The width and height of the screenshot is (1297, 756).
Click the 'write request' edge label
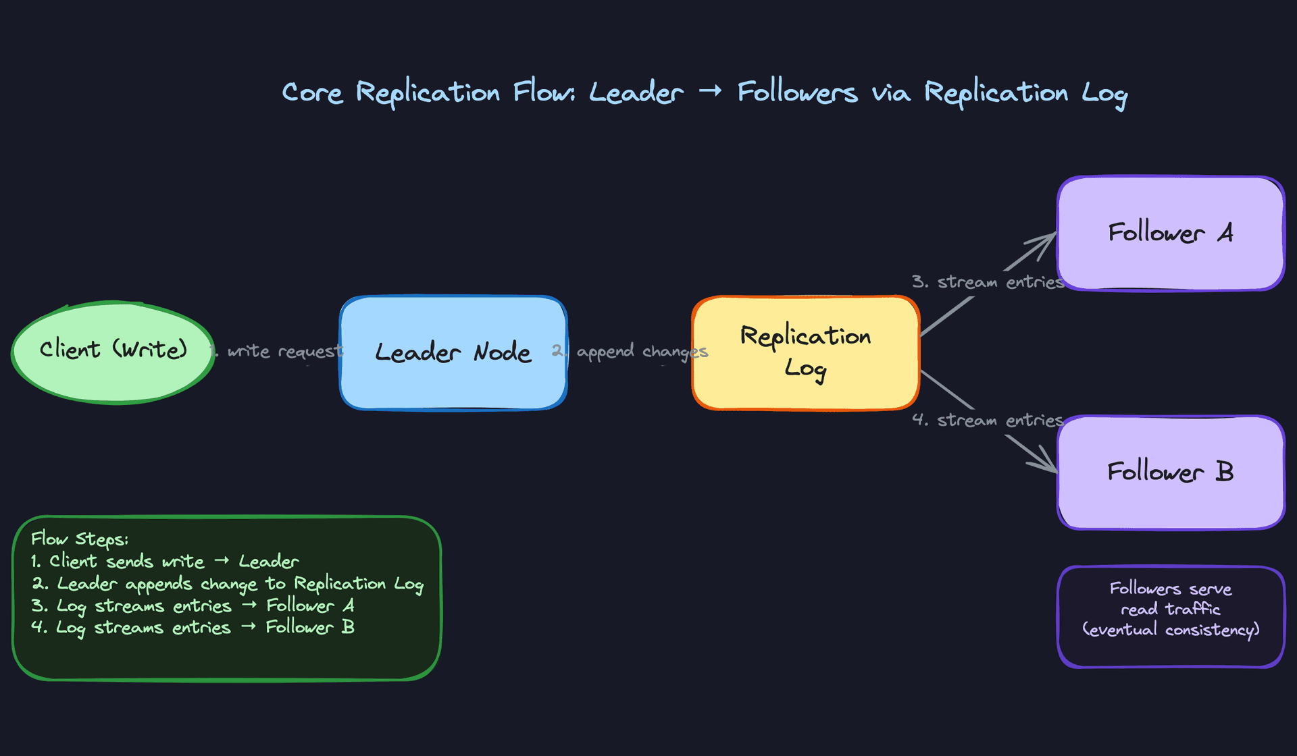pos(284,352)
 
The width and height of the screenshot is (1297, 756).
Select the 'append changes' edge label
pos(640,352)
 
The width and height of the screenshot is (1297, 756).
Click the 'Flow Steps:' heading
pos(79,539)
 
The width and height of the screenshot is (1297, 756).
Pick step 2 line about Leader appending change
pos(227,583)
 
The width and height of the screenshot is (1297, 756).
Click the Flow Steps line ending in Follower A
pos(193,605)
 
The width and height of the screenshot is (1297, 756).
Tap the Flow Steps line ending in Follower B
pos(193,627)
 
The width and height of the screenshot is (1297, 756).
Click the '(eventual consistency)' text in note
pos(1170,630)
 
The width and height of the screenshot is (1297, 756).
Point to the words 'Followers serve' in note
pos(1170,589)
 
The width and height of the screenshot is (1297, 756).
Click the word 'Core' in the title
pos(312,92)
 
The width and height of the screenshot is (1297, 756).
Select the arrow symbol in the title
pos(710,90)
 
